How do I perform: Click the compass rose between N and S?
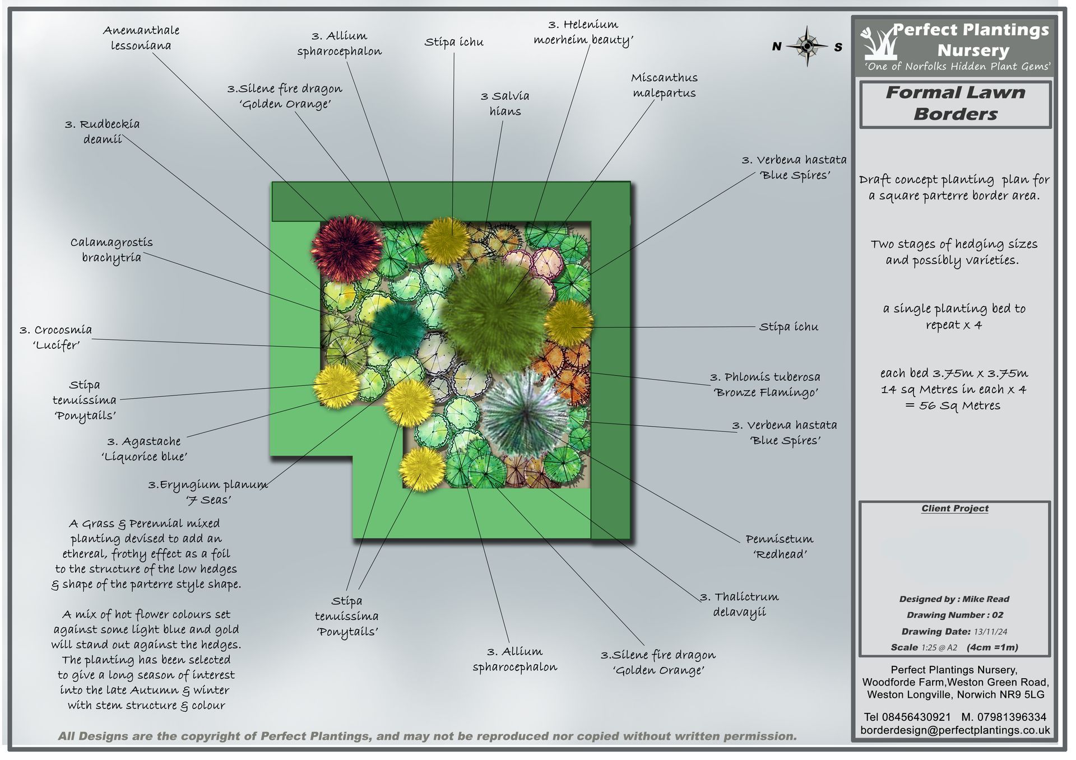(806, 46)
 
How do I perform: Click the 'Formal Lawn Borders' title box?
(955, 104)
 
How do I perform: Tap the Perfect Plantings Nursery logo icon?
(879, 43)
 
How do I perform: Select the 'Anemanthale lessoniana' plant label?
(141, 38)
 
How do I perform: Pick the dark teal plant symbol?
(399, 329)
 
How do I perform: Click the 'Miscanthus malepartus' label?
(664, 85)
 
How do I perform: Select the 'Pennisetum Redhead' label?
(779, 547)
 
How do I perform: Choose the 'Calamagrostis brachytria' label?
(112, 250)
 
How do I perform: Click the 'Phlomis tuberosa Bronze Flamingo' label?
(765, 385)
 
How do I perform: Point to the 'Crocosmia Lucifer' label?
(56, 337)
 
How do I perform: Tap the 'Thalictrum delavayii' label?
(740, 604)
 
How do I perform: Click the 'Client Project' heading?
(955, 509)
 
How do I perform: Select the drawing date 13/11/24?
(990, 632)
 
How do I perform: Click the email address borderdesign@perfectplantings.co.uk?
(955, 730)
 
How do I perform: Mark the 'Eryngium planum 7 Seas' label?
(208, 492)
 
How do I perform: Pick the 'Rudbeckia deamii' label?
(103, 132)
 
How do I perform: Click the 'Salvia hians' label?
(505, 104)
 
